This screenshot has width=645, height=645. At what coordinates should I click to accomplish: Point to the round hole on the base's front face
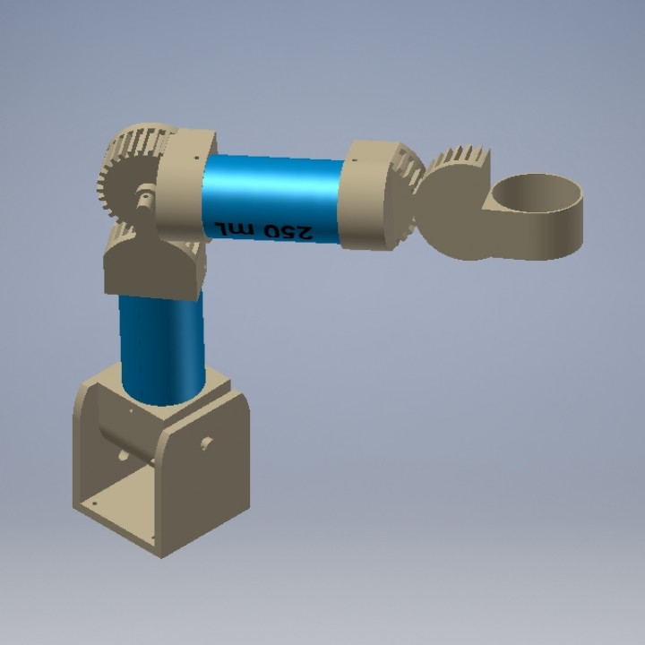(206, 443)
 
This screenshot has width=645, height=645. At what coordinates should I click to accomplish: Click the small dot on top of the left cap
(194, 160)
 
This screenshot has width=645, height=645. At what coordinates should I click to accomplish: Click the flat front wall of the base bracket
(202, 484)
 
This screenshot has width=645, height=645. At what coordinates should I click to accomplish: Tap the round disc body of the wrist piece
(452, 215)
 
